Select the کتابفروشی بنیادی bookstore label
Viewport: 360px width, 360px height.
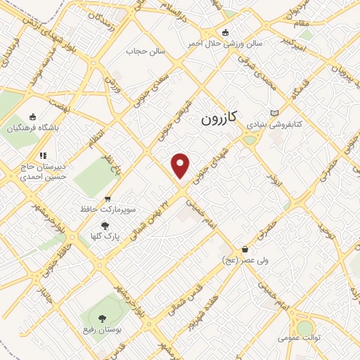pyautogui.click(x=274, y=124)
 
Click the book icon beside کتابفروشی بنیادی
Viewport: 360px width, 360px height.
pyautogui.click(x=275, y=113)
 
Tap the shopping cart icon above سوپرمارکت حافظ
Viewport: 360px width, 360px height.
pyautogui.click(x=108, y=198)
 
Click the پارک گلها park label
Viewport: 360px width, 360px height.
pyautogui.click(x=105, y=237)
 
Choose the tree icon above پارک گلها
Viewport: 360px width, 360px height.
pyautogui.click(x=105, y=226)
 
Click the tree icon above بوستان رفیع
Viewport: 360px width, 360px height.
pyautogui.click(x=103, y=318)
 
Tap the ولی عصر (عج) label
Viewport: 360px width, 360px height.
pyautogui.click(x=243, y=260)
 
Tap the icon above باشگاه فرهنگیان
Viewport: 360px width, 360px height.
pyautogui.click(x=32, y=117)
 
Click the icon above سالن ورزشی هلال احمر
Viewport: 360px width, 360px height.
pyautogui.click(x=225, y=32)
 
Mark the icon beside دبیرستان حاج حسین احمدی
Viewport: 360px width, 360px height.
pyautogui.click(x=43, y=155)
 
